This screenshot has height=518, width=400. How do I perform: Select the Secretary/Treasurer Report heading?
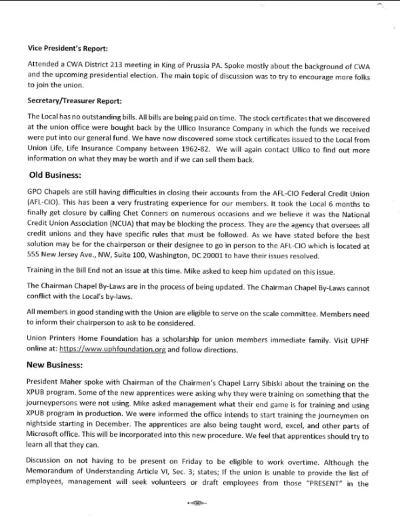tap(73, 101)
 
